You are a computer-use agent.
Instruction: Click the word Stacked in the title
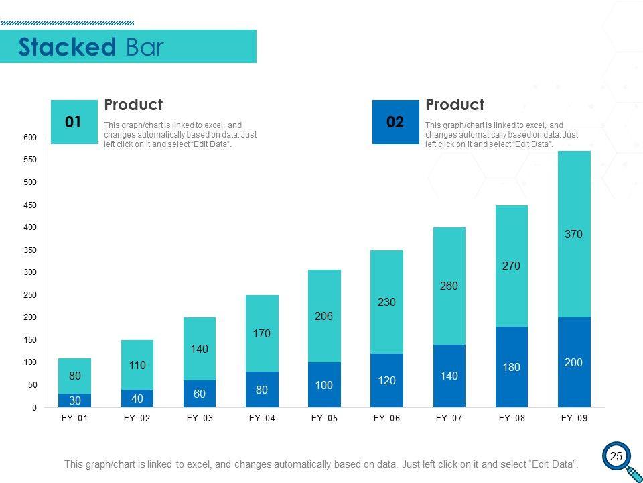(x=68, y=47)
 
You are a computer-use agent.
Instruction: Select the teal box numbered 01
(x=74, y=121)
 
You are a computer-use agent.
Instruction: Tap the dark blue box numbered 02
(x=395, y=121)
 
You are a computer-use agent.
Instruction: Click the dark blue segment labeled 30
(x=74, y=400)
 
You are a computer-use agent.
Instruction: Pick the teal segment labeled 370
(x=574, y=234)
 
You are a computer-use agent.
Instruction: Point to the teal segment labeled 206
(x=324, y=316)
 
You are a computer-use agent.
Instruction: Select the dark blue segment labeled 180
(x=512, y=367)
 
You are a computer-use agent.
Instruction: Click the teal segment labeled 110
(x=137, y=365)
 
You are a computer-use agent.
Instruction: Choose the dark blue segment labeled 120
(x=386, y=380)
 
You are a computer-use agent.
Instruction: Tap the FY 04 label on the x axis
(x=262, y=418)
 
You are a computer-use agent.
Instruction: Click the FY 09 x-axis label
(x=574, y=418)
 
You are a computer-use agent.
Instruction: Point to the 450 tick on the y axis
(x=30, y=205)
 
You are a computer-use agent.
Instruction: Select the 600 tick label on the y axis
(x=30, y=138)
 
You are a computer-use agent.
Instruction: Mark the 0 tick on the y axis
(x=34, y=407)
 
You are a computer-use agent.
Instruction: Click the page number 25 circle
(x=616, y=457)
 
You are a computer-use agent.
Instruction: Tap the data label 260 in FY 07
(x=449, y=286)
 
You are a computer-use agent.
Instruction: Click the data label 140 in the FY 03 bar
(x=199, y=349)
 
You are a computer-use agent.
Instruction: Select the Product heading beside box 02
(x=455, y=105)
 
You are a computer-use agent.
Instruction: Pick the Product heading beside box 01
(x=133, y=105)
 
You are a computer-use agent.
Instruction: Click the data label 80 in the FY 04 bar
(x=262, y=390)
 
